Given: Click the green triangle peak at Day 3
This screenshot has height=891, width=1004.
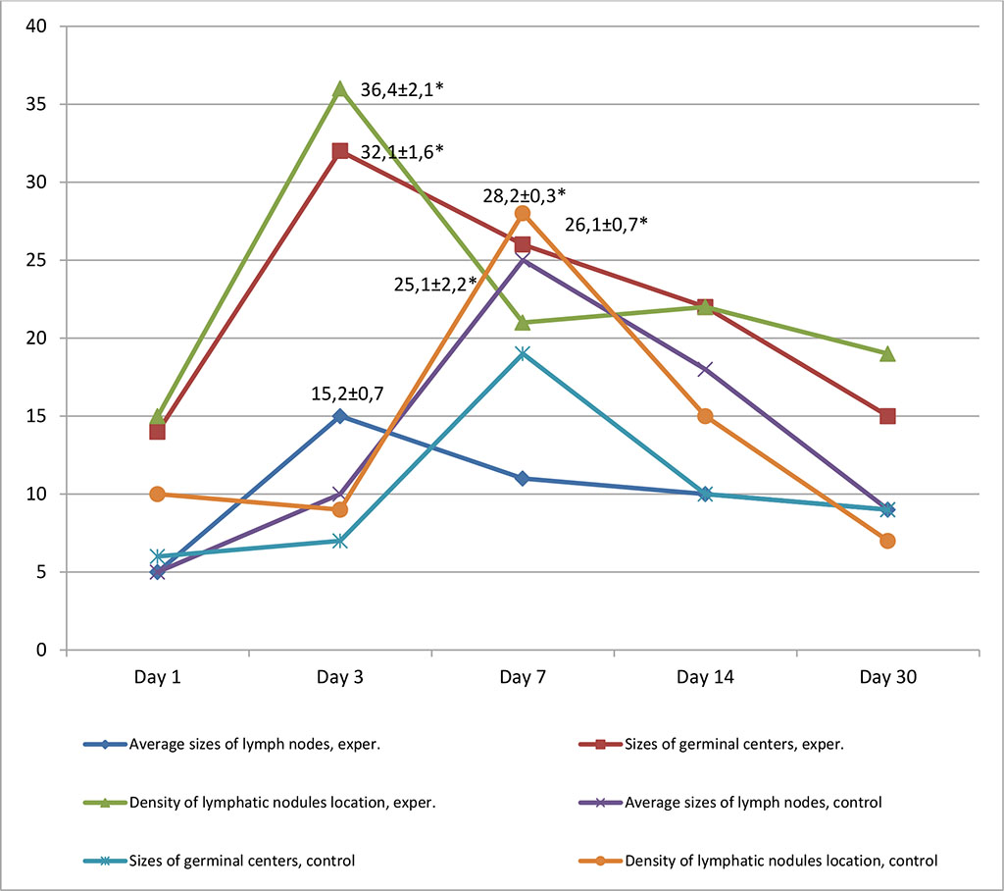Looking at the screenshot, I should pos(339,89).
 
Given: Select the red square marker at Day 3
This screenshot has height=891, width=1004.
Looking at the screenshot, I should pos(339,151).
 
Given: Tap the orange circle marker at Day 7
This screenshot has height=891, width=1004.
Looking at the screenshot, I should pos(523,213).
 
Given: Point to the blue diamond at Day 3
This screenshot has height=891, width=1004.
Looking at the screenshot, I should pos(339,416).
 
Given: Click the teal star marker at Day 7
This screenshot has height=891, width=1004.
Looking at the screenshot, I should pos(523,353).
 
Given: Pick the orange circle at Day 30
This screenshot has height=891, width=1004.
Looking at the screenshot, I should pos(887,541).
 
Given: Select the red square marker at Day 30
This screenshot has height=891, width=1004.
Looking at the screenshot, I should pos(887,416).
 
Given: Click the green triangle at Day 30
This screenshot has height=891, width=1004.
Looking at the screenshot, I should pos(887,353).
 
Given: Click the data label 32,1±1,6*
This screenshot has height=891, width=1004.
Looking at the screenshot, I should pos(403,151).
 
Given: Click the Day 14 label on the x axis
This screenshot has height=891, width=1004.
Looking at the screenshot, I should pos(705,678).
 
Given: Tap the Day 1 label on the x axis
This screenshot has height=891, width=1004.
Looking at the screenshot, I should pos(156,678).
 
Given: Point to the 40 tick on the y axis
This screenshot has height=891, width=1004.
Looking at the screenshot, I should pos(37,26).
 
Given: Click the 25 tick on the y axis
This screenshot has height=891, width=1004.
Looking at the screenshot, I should pos(37,260).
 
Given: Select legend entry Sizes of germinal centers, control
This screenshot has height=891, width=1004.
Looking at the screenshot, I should pos(240,861).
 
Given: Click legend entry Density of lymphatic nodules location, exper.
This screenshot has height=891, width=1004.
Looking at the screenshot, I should pos(281,802).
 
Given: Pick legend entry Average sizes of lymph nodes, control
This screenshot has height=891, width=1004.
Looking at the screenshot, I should pos(752,802).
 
